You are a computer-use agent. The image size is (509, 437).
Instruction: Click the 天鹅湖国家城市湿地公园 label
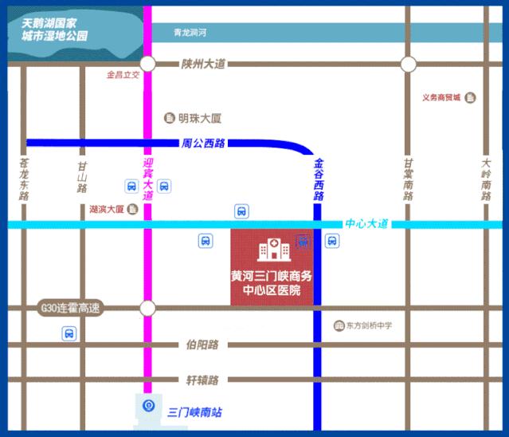click(55, 31)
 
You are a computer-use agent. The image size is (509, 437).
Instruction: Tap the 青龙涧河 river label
click(190, 33)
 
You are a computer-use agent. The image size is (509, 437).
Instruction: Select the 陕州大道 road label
click(204, 64)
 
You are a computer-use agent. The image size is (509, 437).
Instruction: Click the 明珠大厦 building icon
click(169, 118)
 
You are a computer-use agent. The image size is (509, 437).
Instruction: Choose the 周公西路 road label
click(204, 144)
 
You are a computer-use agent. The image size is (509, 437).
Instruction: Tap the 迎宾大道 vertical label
click(147, 177)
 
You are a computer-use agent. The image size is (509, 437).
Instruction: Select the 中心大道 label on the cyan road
click(366, 224)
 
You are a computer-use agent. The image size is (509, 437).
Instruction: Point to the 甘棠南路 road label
click(409, 183)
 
